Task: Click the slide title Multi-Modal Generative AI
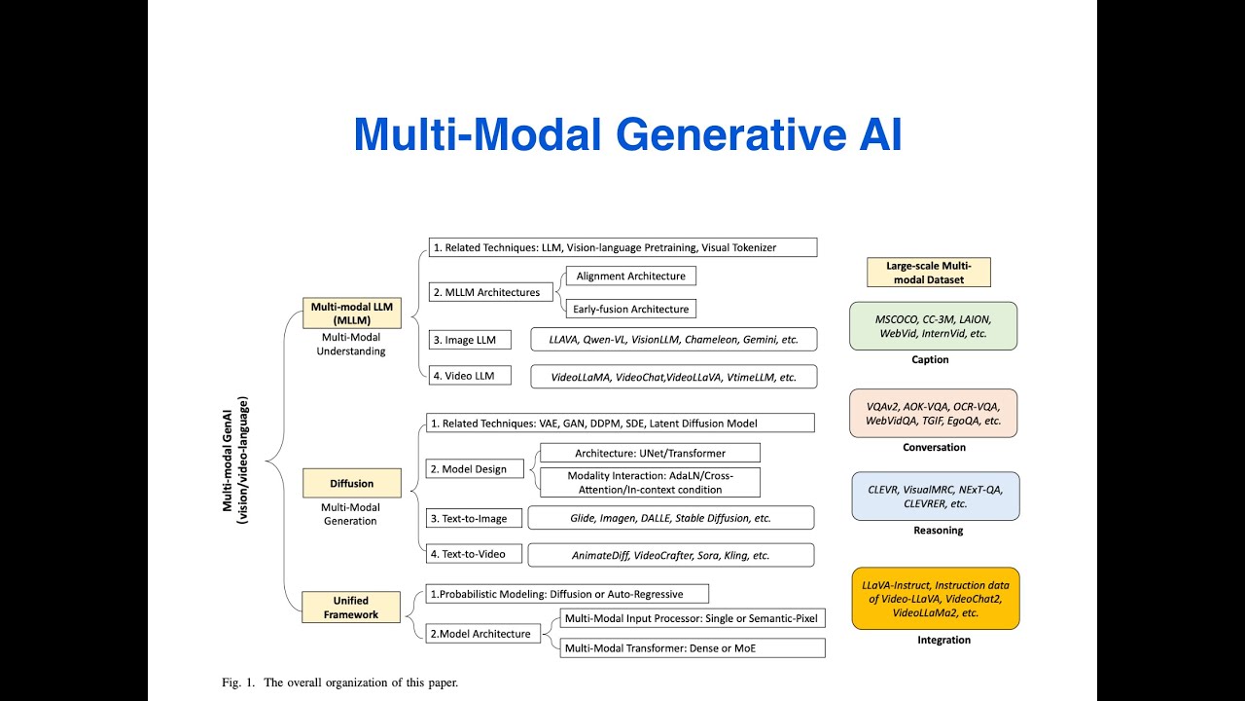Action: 627,134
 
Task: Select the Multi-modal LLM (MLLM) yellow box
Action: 351,313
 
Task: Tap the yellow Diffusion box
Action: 351,483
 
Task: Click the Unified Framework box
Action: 351,608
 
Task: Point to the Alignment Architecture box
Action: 630,277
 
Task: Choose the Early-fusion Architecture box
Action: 630,310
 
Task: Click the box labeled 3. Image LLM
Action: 470,340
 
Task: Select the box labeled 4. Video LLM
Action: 470,376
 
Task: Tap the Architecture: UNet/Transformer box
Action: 650,453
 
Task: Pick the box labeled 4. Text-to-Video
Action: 474,554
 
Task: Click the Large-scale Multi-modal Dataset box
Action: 928,273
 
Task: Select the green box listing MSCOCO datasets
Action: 932,325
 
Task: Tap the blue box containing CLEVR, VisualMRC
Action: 936,497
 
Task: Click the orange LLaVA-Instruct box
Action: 935,599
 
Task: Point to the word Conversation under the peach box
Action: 933,448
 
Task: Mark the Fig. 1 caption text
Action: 339,682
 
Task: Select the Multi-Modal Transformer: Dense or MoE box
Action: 692,647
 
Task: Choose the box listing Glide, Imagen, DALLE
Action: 670,518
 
